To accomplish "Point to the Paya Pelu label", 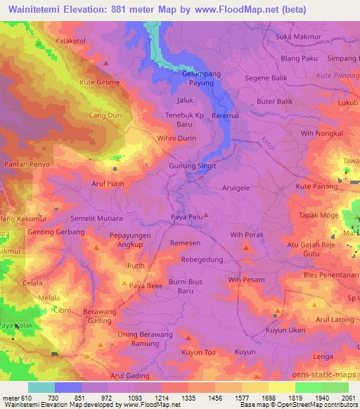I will tap(187, 218).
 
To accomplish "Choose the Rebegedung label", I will tap(202, 259).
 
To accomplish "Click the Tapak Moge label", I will tap(319, 214).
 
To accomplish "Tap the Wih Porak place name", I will tap(246, 235).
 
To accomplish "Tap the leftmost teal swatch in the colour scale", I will tap(41, 387).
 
